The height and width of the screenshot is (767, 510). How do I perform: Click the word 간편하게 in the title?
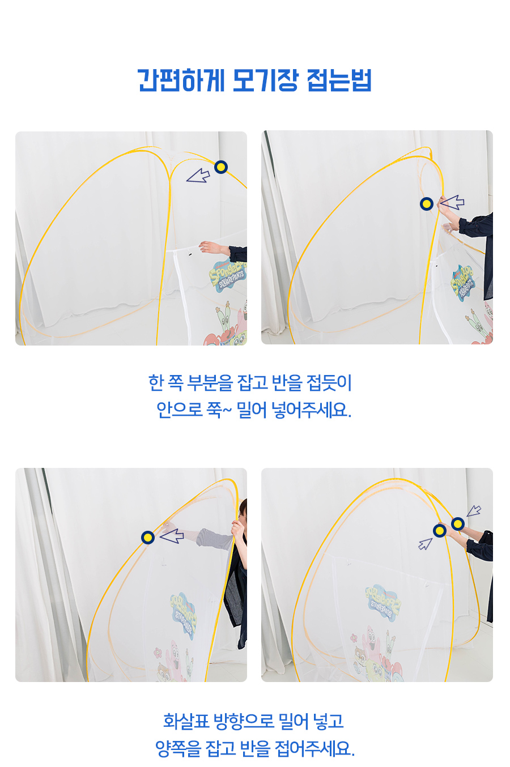click(x=181, y=80)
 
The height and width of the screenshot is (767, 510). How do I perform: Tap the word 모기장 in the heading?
click(x=265, y=80)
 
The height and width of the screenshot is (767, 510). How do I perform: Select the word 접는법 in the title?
click(x=339, y=80)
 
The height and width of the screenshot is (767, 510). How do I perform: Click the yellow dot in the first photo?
click(x=221, y=167)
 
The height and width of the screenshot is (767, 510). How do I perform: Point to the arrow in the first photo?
click(x=198, y=175)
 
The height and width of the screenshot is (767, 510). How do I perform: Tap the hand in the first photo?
click(x=210, y=247)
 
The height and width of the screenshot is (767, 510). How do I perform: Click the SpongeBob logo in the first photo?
click(x=228, y=276)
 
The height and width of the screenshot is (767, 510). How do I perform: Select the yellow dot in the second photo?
click(x=427, y=204)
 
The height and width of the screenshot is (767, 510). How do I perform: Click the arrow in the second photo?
click(x=452, y=202)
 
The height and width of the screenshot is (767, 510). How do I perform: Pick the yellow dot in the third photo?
click(x=148, y=538)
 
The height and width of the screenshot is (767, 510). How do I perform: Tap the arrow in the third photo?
click(x=172, y=536)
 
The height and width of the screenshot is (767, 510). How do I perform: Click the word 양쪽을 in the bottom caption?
click(x=178, y=748)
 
